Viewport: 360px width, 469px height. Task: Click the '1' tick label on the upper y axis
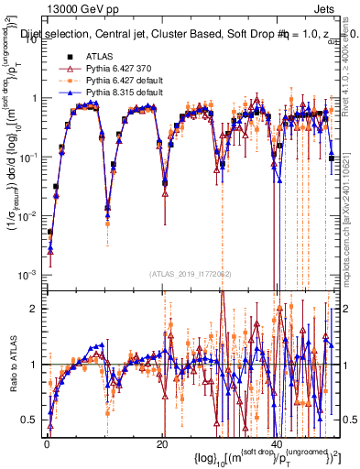(x=33, y=97)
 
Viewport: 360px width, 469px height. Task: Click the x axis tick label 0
(x=46, y=442)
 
